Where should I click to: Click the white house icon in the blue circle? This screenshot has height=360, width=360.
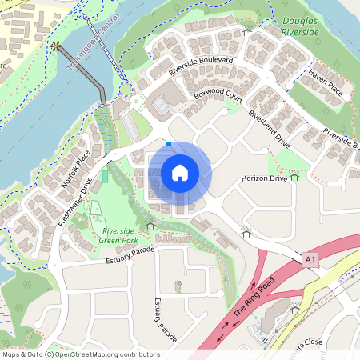coord(180,172)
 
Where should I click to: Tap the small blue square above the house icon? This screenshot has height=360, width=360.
coord(169,144)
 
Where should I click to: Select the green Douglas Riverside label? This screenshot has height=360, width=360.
coord(300,26)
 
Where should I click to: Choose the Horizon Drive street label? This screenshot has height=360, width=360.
coord(263,178)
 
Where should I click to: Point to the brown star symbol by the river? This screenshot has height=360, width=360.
coord(55,46)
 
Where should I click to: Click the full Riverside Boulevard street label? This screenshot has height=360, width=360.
coord(201,66)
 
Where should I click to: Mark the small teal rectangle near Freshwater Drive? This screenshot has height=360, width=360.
coord(104,175)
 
